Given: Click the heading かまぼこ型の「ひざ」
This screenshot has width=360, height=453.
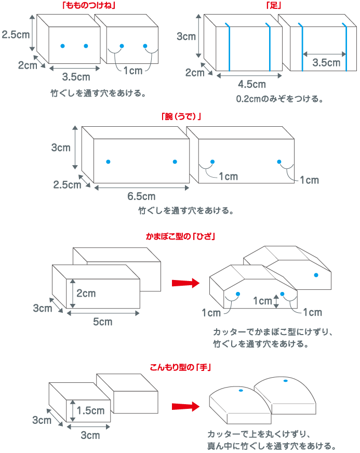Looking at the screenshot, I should (180, 236).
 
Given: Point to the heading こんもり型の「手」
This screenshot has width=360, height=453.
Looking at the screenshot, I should (180, 367).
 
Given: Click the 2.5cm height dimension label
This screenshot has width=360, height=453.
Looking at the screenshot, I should (16, 35).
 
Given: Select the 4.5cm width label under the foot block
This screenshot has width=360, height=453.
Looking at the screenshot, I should (251, 84).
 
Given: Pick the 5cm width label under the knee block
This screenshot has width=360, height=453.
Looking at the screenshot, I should (102, 322).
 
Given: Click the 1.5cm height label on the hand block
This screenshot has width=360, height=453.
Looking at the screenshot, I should (90, 410).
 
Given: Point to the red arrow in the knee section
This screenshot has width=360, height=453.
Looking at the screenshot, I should (185, 283).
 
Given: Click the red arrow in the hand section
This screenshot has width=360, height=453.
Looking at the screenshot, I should (185, 406).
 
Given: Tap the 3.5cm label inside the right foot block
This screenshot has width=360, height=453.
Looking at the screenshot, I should (326, 63).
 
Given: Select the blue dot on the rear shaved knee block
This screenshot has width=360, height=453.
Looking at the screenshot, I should (315, 274).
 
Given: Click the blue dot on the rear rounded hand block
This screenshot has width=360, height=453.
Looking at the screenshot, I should (285, 381).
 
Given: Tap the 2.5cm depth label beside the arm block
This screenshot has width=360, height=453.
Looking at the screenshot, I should (67, 184).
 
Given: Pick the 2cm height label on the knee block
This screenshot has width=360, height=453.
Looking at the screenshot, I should (86, 293).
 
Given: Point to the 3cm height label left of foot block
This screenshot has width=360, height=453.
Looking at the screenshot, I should (186, 37).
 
